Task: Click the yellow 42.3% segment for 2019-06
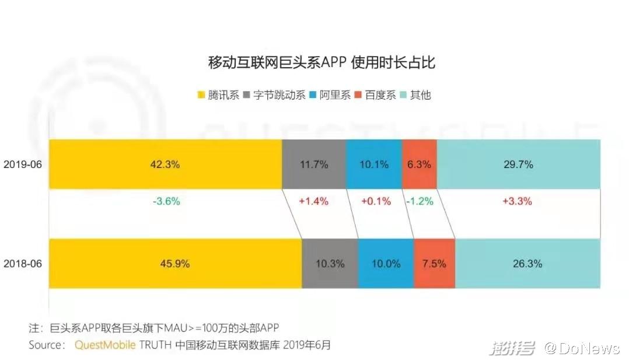[x=165, y=165]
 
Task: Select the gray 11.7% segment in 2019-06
[x=314, y=165]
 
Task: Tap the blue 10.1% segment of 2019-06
[x=374, y=165]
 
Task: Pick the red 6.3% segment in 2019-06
[x=419, y=165]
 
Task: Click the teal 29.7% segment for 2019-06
[x=518, y=165]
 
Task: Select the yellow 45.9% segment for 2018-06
[x=175, y=263]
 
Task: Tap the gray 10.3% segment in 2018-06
[x=330, y=263]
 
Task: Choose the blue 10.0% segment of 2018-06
[x=386, y=263]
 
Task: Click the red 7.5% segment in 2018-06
[x=434, y=263]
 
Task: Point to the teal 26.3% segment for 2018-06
[x=527, y=263]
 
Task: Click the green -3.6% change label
[x=166, y=201]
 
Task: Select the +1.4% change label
[x=313, y=201]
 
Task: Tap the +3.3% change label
[x=518, y=201]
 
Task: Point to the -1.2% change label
[x=420, y=201]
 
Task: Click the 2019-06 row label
[x=23, y=165]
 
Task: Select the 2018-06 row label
[x=23, y=263]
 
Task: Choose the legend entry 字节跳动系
[x=279, y=95]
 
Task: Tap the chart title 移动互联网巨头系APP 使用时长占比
[x=322, y=62]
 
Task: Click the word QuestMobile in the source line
[x=105, y=345]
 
